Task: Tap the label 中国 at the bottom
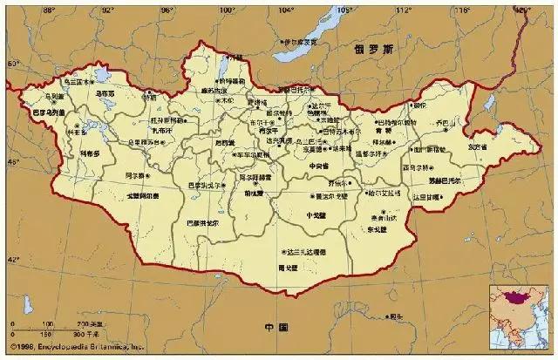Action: (276, 327)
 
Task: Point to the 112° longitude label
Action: (402, 9)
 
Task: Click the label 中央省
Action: (319, 166)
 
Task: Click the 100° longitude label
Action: (226, 9)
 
